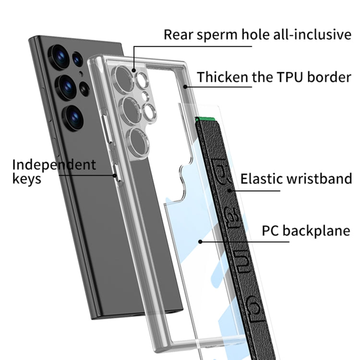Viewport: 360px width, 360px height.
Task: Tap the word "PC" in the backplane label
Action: pyautogui.click(x=271, y=230)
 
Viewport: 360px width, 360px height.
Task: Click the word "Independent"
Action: pyautogui.click(x=54, y=165)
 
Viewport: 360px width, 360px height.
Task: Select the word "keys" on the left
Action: pyautogui.click(x=27, y=180)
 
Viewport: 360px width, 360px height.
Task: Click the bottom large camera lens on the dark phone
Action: pyautogui.click(x=73, y=117)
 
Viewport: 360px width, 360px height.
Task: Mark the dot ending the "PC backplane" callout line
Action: pyautogui.click(x=200, y=241)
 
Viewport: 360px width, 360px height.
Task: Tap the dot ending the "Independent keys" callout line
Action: pyautogui.click(x=114, y=175)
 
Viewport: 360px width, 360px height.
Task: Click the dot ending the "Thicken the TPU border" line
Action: pyautogui.click(x=185, y=87)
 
